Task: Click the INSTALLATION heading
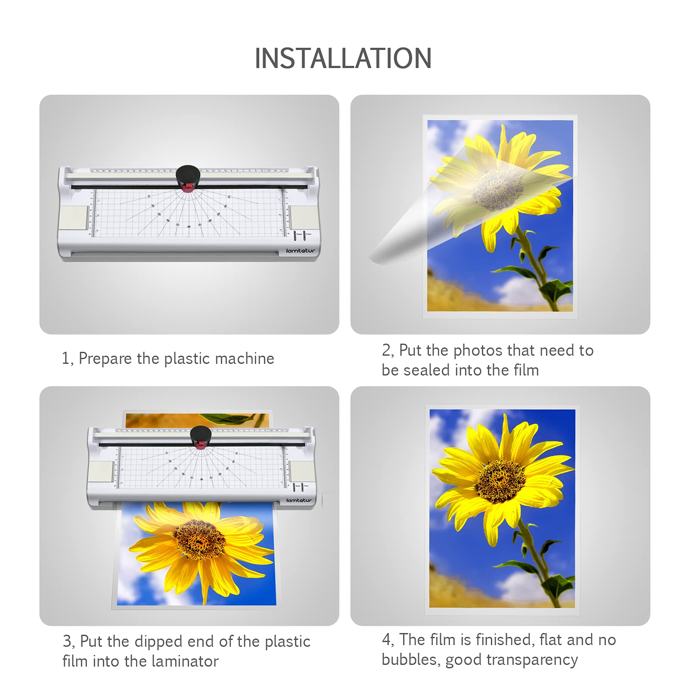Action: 343,59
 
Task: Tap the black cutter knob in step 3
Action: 201,435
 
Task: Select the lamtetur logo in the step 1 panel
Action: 300,251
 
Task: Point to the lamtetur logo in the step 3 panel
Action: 299,500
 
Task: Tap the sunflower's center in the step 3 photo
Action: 199,539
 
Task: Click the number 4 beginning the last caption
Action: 386,640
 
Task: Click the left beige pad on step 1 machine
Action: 74,218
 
